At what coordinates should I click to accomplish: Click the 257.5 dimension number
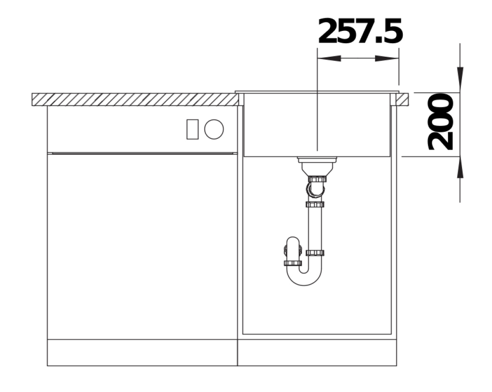point(360,31)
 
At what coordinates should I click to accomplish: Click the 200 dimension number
point(440,122)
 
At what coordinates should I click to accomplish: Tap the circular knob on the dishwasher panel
point(214,129)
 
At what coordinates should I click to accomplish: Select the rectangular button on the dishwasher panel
point(192,129)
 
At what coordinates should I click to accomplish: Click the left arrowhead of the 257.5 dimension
point(329,58)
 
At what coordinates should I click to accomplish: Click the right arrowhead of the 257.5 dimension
point(387,58)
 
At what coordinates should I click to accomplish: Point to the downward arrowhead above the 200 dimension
point(460,80)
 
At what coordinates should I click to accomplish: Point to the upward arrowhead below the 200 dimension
point(460,169)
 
